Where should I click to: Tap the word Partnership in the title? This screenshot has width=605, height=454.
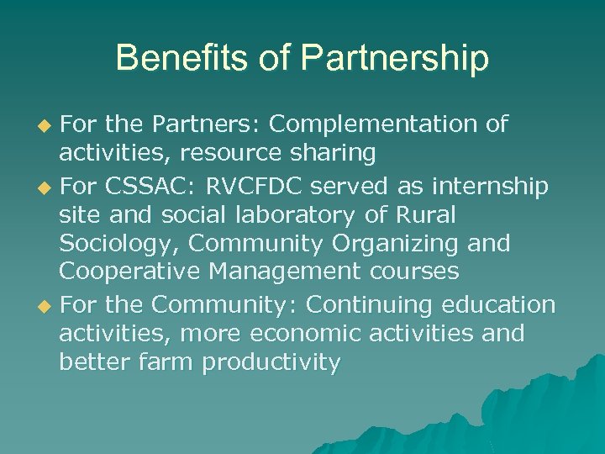[x=395, y=59]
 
